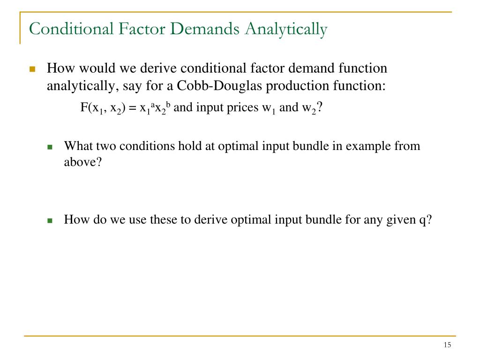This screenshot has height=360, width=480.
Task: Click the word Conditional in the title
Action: click(70, 29)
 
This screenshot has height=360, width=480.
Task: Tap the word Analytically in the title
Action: click(286, 29)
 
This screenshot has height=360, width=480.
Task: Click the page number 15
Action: click(447, 345)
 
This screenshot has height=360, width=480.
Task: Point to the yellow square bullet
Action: click(32, 69)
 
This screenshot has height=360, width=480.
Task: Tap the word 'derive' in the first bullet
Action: click(162, 68)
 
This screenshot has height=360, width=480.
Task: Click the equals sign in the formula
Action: click(132, 108)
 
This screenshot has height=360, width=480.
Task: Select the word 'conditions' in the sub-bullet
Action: click(146, 146)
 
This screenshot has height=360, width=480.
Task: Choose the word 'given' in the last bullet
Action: click(401, 219)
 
